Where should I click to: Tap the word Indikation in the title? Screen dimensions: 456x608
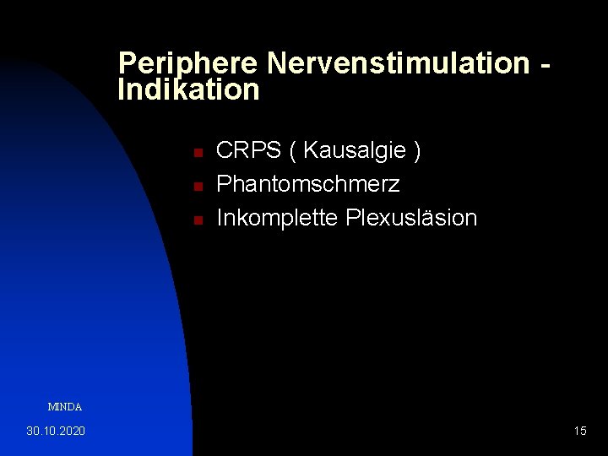pyautogui.click(x=188, y=90)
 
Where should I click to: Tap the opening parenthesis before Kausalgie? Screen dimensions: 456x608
pyautogui.click(x=292, y=151)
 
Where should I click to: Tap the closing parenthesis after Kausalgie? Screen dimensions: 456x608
pyautogui.click(x=416, y=151)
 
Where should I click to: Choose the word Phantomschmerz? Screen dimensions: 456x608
pyautogui.click(x=308, y=184)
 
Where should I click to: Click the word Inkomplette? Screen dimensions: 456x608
pyautogui.click(x=278, y=218)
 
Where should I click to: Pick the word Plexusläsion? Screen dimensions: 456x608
pyautogui.click(x=411, y=218)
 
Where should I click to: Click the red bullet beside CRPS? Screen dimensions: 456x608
pyautogui.click(x=196, y=153)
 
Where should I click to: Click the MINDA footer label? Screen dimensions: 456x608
pyautogui.click(x=65, y=407)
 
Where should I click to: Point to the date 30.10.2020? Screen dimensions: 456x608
pyautogui.click(x=56, y=432)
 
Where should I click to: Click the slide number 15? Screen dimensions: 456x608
pyautogui.click(x=580, y=432)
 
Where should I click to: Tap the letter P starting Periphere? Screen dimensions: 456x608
pyautogui.click(x=127, y=63)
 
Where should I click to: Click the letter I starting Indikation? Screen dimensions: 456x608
pyautogui.click(x=122, y=90)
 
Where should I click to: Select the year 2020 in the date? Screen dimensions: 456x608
pyautogui.click(x=72, y=432)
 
